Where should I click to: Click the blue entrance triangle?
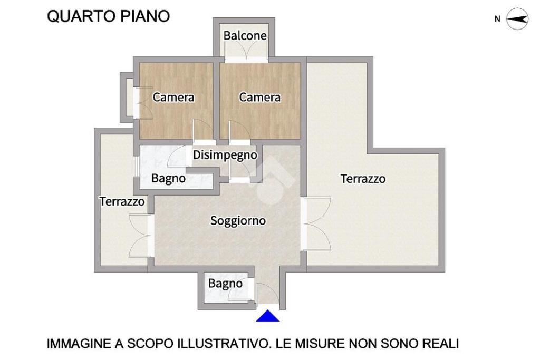267,316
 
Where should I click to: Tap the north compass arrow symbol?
517,19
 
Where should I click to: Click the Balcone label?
245,35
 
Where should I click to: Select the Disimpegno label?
225,155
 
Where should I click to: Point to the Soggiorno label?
238,221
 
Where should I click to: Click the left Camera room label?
173,98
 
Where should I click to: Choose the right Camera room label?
259,98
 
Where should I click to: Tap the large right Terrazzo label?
363,179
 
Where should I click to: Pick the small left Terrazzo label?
122,201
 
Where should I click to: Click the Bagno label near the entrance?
225,284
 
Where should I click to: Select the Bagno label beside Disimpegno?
168,178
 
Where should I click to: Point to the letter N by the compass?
497,19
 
